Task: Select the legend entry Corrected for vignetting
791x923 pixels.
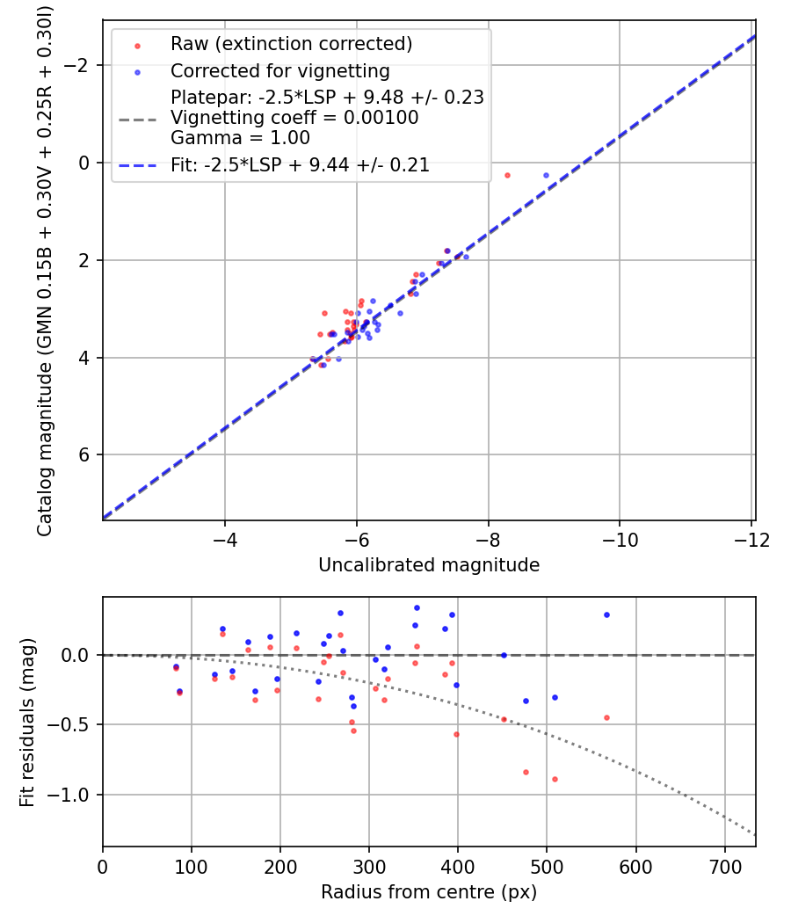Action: point(279,71)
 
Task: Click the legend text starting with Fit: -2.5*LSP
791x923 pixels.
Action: point(300,164)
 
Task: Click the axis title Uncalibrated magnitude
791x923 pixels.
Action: point(429,565)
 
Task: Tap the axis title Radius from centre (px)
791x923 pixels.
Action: point(429,892)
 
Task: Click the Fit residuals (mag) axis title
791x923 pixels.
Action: point(27,723)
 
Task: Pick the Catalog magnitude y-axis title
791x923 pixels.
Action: point(44,271)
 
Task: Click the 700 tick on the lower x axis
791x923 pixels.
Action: point(724,867)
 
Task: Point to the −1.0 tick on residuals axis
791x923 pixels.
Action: point(74,795)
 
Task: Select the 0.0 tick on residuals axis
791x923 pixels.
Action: point(79,655)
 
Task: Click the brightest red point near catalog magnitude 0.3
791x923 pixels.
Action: point(507,176)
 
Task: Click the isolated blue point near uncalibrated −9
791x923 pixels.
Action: point(546,176)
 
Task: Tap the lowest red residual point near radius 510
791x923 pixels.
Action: point(555,779)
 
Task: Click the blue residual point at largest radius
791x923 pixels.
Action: point(606,614)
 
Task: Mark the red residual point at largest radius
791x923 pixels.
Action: point(606,717)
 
